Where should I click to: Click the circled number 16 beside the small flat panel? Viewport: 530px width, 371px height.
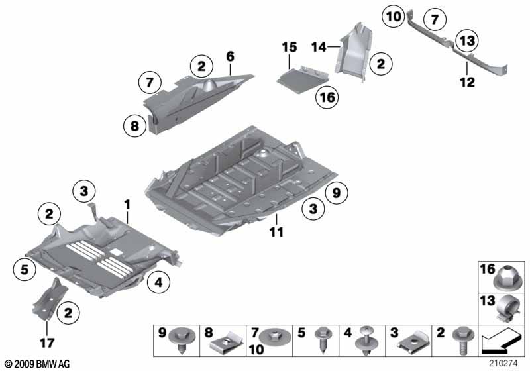click(x=327, y=97)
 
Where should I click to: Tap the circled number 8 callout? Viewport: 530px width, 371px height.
click(x=134, y=126)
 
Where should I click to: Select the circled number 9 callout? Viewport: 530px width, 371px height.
click(x=337, y=193)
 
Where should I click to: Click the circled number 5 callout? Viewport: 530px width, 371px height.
click(x=25, y=269)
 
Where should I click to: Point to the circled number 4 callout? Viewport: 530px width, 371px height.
click(x=159, y=282)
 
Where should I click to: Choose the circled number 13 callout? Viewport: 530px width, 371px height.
click(x=468, y=41)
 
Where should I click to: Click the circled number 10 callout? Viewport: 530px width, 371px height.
click(x=394, y=16)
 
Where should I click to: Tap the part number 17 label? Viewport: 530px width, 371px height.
click(x=47, y=343)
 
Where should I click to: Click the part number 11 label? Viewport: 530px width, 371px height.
click(x=276, y=232)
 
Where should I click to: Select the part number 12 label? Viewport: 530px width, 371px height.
click(x=468, y=81)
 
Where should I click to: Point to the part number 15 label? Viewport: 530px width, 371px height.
click(x=290, y=47)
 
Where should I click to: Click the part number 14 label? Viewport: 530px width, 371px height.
click(x=319, y=47)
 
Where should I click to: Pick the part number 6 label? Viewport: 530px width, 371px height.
click(x=230, y=56)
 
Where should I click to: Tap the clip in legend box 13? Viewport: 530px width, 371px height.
click(x=507, y=308)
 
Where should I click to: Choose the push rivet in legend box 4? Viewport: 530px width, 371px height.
click(x=366, y=341)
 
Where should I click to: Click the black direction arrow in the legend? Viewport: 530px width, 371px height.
click(x=500, y=341)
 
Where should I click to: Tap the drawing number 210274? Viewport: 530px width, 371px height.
click(x=503, y=364)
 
